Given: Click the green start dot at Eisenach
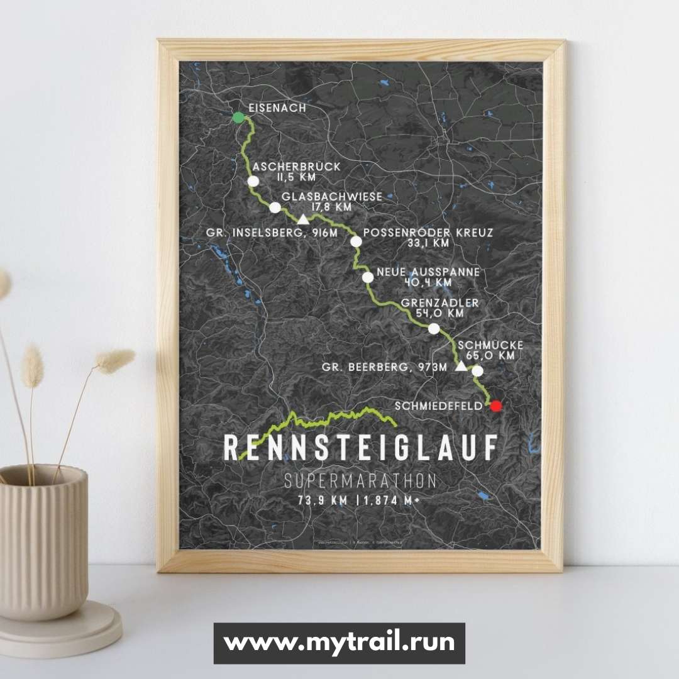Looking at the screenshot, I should click(x=238, y=118).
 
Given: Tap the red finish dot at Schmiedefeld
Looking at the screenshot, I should click(x=497, y=406).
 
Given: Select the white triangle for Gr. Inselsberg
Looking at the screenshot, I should click(x=303, y=219).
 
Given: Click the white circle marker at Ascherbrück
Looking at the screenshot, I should click(x=253, y=181).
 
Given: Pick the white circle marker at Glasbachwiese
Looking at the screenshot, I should click(x=275, y=207).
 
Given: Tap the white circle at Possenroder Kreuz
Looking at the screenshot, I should click(x=356, y=241).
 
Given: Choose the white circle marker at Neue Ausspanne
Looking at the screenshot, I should click(x=368, y=277).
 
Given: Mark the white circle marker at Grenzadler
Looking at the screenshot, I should click(x=434, y=328).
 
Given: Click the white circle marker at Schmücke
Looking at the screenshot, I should click(x=478, y=370).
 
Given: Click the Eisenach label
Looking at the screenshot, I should click(x=277, y=108).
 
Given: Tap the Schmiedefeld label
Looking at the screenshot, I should click(x=439, y=406).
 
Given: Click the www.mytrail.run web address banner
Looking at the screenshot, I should click(x=339, y=643).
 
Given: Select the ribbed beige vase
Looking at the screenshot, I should click(x=44, y=541).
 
